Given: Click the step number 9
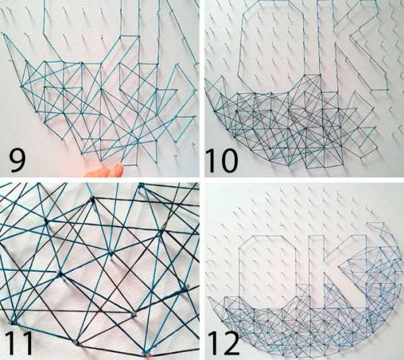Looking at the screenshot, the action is click(x=18, y=161).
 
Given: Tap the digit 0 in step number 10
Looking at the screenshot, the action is click(x=227, y=161).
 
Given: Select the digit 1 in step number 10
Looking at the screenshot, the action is click(x=211, y=161).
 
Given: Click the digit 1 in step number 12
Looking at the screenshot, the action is click(x=212, y=344).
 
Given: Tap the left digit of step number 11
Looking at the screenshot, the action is click(x=10, y=343).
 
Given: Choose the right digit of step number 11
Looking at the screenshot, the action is click(x=27, y=343).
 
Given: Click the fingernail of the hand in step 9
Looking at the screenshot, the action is click(x=119, y=169).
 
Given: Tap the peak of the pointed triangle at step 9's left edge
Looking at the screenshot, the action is click(x=3, y=34).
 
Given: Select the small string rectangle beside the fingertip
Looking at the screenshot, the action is click(x=131, y=155).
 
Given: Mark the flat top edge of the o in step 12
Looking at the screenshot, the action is click(x=267, y=236).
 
